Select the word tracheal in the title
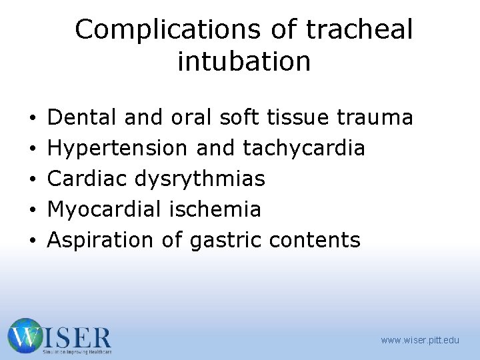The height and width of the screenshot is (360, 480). point(360,30)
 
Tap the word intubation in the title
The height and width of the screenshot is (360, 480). point(244,61)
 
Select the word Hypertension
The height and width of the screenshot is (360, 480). point(118,148)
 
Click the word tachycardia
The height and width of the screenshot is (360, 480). point(304,148)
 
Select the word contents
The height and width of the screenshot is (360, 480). point(315,240)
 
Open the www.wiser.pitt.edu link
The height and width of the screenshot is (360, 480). point(420,340)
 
